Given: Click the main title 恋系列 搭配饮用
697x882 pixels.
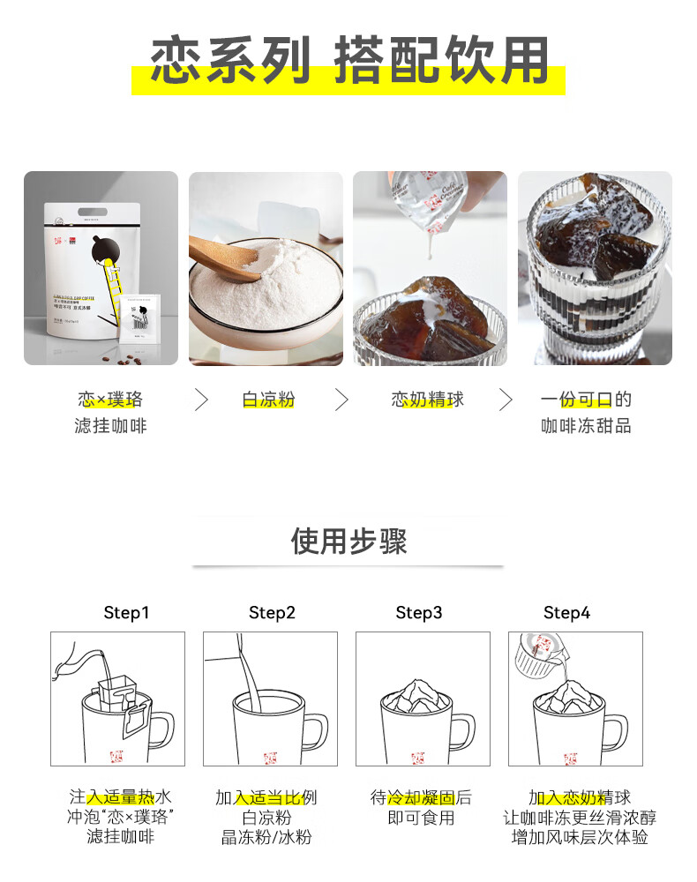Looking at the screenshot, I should coord(348,62).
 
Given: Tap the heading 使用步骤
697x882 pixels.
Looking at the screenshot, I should coord(348,541).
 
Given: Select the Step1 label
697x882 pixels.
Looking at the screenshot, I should coord(126,613).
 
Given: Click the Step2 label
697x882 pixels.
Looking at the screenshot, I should coord(272,613).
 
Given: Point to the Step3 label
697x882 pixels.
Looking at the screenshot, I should coord(419,613).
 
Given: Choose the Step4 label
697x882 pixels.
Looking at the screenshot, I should coord(566,613).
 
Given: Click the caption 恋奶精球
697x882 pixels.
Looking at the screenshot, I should coord(427,400).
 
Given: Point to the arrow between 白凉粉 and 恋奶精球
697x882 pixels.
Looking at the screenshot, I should coord(341,400).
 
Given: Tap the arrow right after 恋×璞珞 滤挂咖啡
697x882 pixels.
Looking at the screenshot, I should coord(201,400).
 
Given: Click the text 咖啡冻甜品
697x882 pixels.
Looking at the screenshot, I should coord(586,426).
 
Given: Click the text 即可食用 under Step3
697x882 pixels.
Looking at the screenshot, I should coord(421,818).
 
